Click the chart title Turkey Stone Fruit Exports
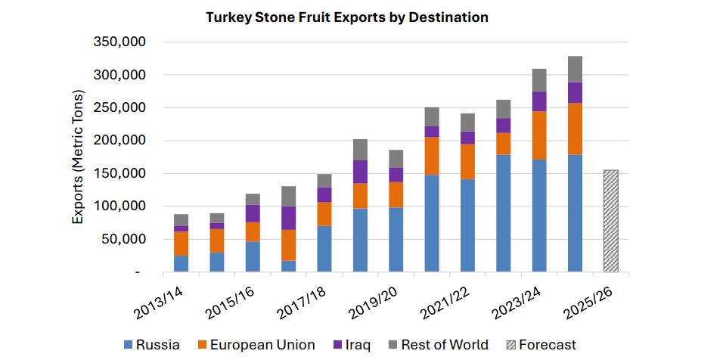coord(346,17)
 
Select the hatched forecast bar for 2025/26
coord(610,221)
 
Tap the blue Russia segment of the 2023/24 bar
coord(539,216)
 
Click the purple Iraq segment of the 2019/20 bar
coord(396,175)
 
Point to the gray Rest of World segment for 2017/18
coord(324,181)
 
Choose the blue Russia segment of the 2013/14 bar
coord(181,263)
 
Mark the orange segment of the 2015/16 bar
coord(253,231)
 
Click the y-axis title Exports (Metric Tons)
coord(78,157)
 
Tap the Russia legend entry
coord(151,345)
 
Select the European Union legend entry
coord(255,345)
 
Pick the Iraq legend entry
coord(351,345)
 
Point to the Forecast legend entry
coord(540,345)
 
